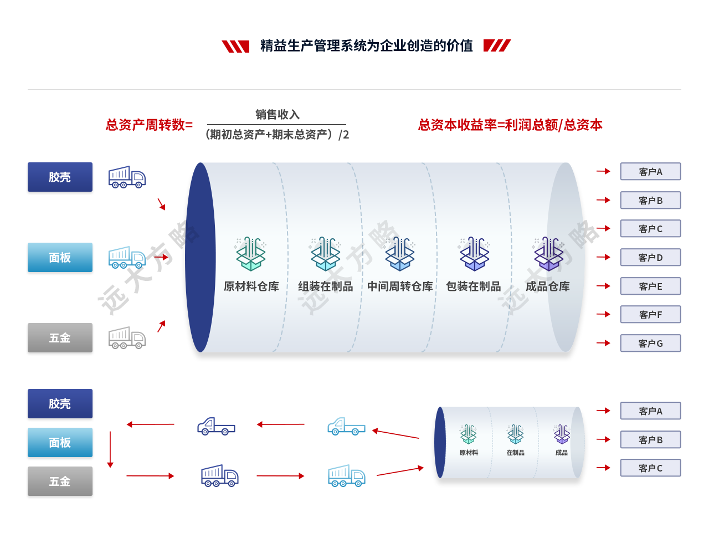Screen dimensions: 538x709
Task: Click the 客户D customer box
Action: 650,258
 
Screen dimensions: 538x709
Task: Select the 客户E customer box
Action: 650,286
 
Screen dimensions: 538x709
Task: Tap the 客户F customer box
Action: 650,315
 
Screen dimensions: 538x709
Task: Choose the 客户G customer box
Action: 650,344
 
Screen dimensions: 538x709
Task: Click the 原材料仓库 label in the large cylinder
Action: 251,286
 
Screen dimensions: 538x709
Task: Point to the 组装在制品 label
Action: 326,286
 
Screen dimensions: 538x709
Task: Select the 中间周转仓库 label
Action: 400,286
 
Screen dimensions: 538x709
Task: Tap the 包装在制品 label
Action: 474,286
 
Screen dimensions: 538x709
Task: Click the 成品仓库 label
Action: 548,286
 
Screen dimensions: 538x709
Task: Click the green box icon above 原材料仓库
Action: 251,254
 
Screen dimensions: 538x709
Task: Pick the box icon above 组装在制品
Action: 326,254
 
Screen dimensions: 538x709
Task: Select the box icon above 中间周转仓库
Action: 400,254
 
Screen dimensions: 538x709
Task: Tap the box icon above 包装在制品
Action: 475,254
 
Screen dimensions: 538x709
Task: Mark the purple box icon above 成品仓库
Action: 549,254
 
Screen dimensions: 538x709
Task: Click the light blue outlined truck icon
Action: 127,258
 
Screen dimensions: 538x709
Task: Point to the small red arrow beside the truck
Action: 161,257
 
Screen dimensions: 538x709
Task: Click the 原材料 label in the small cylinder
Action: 469,453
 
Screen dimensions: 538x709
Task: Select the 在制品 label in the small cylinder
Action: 515,453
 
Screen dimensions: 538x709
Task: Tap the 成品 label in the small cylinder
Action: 562,453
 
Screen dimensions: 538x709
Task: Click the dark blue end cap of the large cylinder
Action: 200,258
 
